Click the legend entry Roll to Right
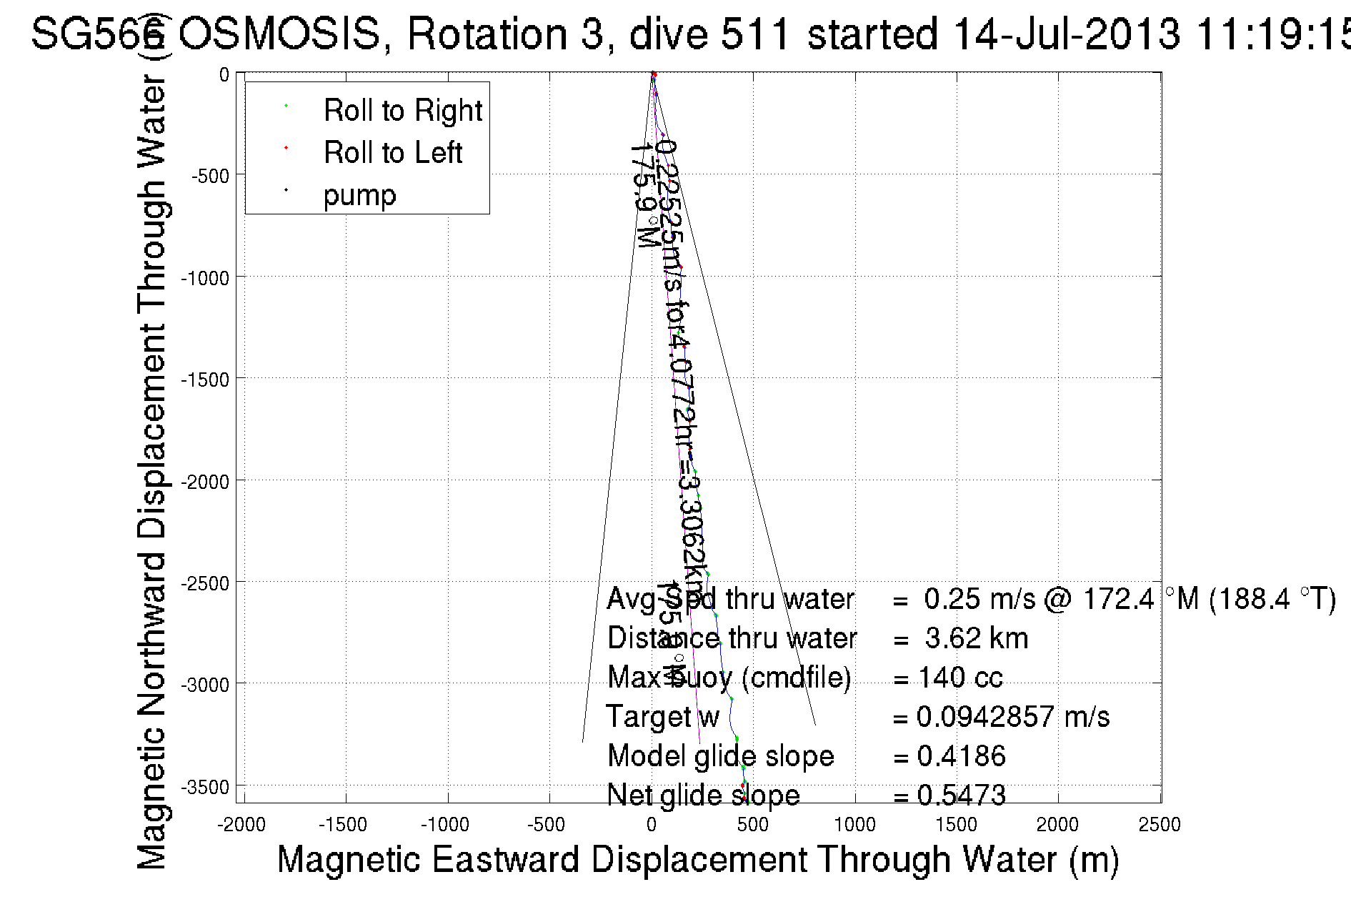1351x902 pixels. pos(402,111)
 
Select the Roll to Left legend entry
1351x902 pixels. pos(392,153)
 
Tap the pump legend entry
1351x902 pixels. pos(359,195)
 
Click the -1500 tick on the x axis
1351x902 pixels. pos(344,825)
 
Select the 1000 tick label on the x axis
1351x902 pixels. pos(854,825)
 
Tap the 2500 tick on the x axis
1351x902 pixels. pos(1160,825)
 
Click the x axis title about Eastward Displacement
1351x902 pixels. pos(697,859)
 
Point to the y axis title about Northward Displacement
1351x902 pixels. pos(151,472)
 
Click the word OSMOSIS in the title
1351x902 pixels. pos(279,34)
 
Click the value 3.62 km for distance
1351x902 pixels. pos(976,638)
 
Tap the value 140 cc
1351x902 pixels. pos(960,678)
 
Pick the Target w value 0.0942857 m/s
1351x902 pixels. pos(1012,717)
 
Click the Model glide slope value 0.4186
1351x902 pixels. pos(961,756)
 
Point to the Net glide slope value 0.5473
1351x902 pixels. pos(961,795)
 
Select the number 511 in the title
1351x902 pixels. pos(755,34)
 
